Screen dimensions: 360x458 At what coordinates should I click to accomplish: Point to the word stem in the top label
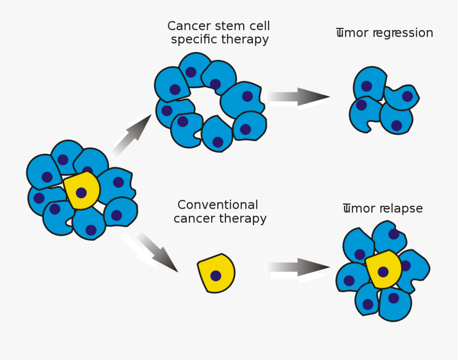[230, 26]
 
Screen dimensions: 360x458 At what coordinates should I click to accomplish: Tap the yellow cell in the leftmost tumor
[82, 190]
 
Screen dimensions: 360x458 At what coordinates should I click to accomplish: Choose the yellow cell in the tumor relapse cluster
[383, 269]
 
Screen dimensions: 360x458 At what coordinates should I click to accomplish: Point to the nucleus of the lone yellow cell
[216, 276]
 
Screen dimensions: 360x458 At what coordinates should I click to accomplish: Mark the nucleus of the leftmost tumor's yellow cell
[81, 193]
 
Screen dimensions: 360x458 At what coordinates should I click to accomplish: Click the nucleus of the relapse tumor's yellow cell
[383, 272]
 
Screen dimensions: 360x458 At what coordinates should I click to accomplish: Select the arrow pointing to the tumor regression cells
[299, 97]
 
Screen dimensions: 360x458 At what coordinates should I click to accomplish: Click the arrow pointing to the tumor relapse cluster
[299, 267]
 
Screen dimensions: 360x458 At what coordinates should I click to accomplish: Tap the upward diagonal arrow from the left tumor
[132, 135]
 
